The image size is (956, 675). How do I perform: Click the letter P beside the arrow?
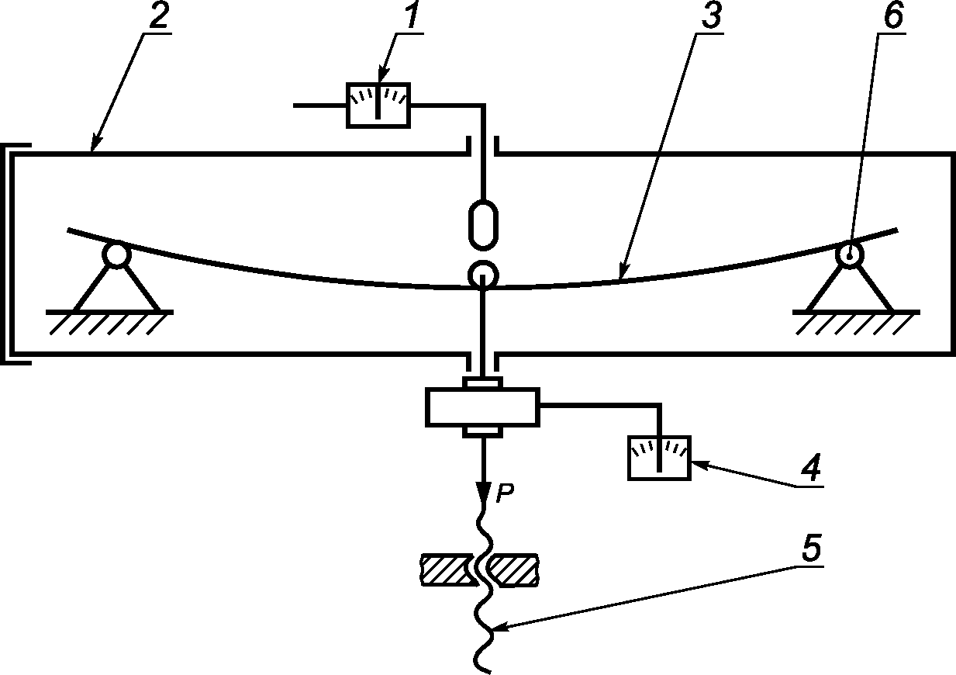504,494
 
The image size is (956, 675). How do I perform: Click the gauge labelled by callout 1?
378,105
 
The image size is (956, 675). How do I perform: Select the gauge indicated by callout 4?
658,459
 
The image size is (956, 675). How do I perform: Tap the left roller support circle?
116,255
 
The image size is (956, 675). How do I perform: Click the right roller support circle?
850,254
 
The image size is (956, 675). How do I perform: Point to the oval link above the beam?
482,225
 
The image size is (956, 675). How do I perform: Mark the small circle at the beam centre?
482,274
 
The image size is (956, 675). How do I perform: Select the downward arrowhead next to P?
482,492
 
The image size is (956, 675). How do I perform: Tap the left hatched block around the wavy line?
445,569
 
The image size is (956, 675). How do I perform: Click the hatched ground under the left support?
109,322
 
